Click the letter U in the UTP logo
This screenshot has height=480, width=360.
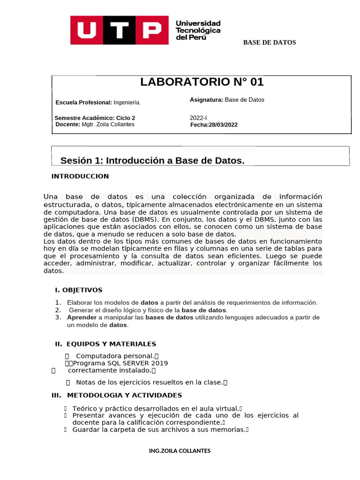pyautogui.click(x=87, y=30)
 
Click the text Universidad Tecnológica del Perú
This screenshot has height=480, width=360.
pyautogui.click(x=197, y=30)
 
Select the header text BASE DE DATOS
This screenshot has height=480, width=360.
pyautogui.click(x=269, y=43)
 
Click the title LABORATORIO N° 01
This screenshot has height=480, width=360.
pyautogui.click(x=202, y=82)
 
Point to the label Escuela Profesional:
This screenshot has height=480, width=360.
pyautogui.click(x=83, y=103)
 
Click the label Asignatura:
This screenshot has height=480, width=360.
pyautogui.click(x=206, y=100)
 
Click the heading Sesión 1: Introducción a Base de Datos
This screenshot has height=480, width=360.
pyautogui.click(x=152, y=161)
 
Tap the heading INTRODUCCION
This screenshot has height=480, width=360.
pyautogui.click(x=80, y=176)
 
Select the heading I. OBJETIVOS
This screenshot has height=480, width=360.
pyautogui.click(x=78, y=290)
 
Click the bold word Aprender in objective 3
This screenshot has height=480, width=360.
pyautogui.click(x=82, y=317)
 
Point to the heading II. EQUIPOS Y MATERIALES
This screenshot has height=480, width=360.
pyautogui.click(x=105, y=344)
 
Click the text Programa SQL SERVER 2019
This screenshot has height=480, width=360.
pyautogui.click(x=120, y=363)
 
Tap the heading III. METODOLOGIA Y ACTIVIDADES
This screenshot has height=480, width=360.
pyautogui.click(x=117, y=395)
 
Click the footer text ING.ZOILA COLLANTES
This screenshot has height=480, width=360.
pyautogui.click(x=180, y=451)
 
